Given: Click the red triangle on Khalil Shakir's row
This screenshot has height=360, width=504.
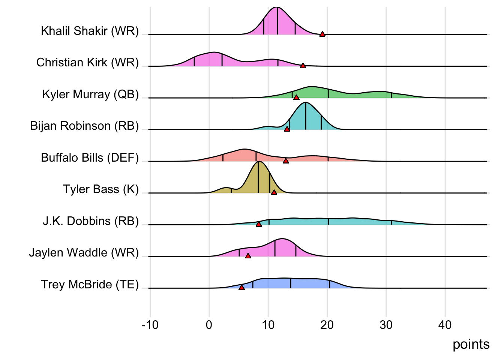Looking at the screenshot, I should (x=322, y=34).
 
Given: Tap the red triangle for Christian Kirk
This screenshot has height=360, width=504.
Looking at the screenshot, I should (x=303, y=66).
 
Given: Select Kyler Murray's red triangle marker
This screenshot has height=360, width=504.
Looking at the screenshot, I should (x=296, y=97).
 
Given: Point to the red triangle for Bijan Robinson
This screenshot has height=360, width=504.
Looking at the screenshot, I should (x=287, y=129).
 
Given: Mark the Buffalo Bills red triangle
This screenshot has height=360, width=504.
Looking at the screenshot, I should (x=286, y=160).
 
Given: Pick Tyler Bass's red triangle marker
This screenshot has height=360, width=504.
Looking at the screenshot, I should (x=274, y=192).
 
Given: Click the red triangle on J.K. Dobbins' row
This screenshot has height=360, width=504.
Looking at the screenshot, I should (x=258, y=224).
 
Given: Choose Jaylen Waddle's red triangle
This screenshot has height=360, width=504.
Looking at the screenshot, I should (x=248, y=256).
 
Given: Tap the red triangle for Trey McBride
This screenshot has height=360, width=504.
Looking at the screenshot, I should (x=241, y=288).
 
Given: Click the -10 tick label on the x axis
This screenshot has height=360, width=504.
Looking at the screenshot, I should (x=150, y=325).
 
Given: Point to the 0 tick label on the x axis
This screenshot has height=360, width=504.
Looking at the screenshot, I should (x=209, y=325).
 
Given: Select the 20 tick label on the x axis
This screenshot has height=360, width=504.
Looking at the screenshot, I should (x=327, y=325).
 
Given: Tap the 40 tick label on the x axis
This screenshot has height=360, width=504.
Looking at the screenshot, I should (x=445, y=325).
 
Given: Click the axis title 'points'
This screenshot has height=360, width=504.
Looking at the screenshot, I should (x=471, y=344).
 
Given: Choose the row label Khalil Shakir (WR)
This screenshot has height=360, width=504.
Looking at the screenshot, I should (x=90, y=31).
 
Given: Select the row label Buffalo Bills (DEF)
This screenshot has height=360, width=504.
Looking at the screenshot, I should (x=90, y=157).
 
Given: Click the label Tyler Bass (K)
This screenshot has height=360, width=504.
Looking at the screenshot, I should (x=100, y=189).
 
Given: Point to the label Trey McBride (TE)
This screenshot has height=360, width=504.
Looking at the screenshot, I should (x=90, y=285).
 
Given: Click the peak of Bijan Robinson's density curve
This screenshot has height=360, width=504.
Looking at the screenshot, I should (x=306, y=102).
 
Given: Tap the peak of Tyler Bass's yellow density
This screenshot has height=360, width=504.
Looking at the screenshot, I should (x=258, y=162).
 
